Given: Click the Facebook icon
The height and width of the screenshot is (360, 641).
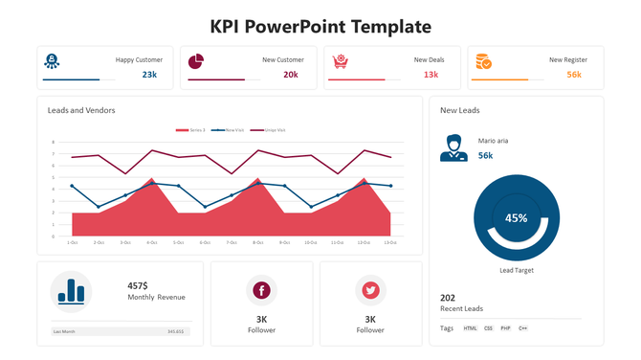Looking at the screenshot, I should pyautogui.click(x=261, y=290).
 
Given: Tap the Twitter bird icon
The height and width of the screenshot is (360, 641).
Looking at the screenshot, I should pyautogui.click(x=370, y=290).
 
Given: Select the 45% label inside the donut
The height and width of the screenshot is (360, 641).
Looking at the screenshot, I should pyautogui.click(x=517, y=218).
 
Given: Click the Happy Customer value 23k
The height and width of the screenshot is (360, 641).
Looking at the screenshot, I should pyautogui.click(x=150, y=75).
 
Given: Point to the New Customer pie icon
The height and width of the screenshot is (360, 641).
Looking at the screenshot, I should pyautogui.click(x=196, y=61).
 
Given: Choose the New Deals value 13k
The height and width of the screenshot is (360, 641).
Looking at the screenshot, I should pyautogui.click(x=431, y=75).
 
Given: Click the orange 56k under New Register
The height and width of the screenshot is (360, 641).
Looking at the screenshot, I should pyautogui.click(x=574, y=75).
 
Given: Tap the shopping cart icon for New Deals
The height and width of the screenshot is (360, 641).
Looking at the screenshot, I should pyautogui.click(x=340, y=61).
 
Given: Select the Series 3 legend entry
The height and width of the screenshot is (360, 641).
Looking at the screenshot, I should pyautogui.click(x=191, y=129).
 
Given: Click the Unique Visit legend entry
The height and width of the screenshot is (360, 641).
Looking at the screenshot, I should pyautogui.click(x=269, y=129).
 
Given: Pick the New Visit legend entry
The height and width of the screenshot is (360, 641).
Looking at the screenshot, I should pyautogui.click(x=229, y=129).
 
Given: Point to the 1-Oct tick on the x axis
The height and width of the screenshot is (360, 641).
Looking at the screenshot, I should pyautogui.click(x=72, y=242).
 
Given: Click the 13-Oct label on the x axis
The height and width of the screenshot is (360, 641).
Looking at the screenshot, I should pyautogui.click(x=389, y=242).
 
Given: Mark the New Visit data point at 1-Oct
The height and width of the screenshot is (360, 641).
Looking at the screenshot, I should pyautogui.click(x=72, y=186).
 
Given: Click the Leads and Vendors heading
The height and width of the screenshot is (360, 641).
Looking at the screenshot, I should pyautogui.click(x=81, y=111).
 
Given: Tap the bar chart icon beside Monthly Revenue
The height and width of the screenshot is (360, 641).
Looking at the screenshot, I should pyautogui.click(x=71, y=291).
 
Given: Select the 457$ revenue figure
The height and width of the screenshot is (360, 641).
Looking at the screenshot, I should pyautogui.click(x=138, y=285).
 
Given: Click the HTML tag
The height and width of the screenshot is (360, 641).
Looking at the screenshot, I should pyautogui.click(x=470, y=328).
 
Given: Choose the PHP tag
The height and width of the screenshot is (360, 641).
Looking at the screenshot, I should pyautogui.click(x=505, y=328).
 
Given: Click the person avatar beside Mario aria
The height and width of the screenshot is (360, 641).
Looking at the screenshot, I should pyautogui.click(x=453, y=148).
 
